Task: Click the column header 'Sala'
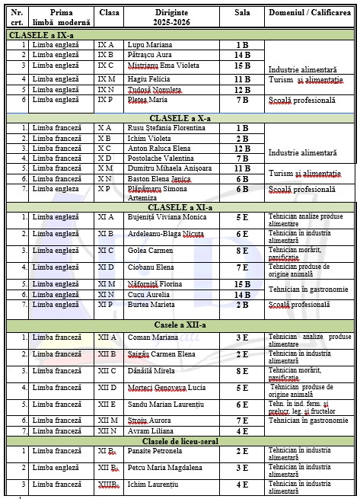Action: pyautogui.click(x=242, y=13)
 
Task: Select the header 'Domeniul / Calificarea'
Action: pyautogui.click(x=309, y=13)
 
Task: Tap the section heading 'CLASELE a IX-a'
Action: pyautogui.click(x=42, y=35)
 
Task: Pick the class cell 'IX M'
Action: pyautogui.click(x=107, y=78)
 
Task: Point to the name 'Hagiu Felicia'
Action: pyautogui.click(x=149, y=78)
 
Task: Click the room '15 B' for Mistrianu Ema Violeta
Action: pyautogui.click(x=242, y=66)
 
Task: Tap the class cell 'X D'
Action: pyautogui.click(x=106, y=158)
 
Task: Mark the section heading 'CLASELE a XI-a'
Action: pyautogui.click(x=180, y=206)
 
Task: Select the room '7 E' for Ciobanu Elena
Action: pyautogui.click(x=242, y=267)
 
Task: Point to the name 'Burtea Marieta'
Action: pyautogui.click(x=153, y=305)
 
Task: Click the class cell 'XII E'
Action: pyautogui.click(x=107, y=405)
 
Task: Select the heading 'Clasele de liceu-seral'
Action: pyautogui.click(x=180, y=442)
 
